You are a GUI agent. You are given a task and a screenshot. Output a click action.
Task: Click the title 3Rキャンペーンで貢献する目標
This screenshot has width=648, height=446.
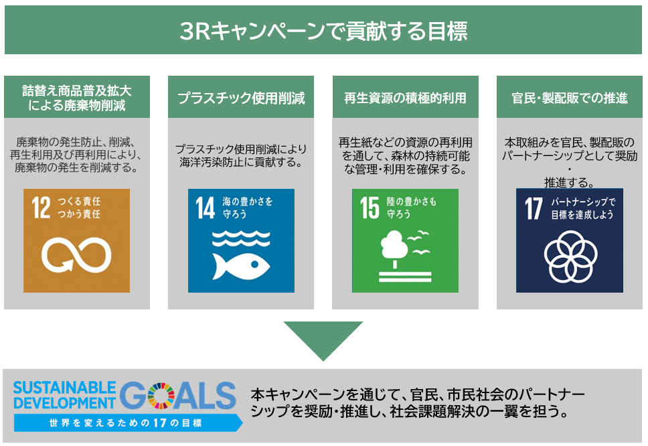(323, 31)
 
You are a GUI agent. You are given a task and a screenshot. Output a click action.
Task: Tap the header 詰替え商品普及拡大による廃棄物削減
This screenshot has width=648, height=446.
(76, 98)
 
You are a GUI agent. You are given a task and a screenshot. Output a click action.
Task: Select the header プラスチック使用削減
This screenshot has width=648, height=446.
(241, 98)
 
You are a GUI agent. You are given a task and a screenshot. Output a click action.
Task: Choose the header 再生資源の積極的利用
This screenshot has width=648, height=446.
(405, 98)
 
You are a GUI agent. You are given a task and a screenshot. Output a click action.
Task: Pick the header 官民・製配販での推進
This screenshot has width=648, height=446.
(570, 98)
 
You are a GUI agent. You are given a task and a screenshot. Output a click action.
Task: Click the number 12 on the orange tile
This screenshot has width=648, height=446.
(42, 208)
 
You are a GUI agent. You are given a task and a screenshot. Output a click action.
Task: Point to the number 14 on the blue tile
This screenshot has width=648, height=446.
(205, 208)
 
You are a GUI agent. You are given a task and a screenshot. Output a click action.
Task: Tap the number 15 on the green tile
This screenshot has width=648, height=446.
(369, 208)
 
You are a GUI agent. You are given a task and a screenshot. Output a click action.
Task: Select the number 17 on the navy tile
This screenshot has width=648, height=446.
(534, 208)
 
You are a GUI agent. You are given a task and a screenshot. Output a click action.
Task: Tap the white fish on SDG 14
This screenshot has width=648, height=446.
(240, 266)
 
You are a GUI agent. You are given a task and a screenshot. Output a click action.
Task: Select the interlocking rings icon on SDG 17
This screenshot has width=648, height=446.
(569, 257)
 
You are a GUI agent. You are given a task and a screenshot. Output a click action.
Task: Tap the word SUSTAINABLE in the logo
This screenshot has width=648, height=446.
(64, 388)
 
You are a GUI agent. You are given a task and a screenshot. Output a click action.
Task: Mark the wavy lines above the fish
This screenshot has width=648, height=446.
(240, 239)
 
